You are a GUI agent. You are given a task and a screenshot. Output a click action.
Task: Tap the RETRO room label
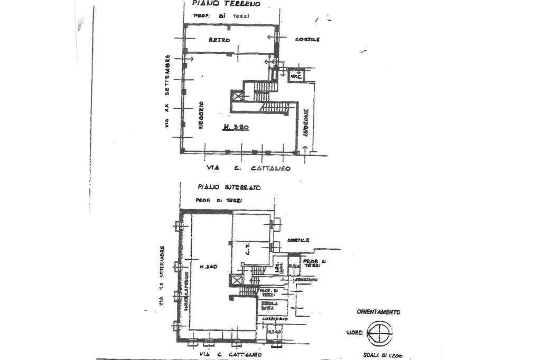tap(219, 40)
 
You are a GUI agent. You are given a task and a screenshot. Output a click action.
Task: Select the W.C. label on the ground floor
tap(295, 77)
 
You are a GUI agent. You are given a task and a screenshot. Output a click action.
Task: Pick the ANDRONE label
tap(306, 124)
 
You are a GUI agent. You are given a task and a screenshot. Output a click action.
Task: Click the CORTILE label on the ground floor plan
tap(307, 40)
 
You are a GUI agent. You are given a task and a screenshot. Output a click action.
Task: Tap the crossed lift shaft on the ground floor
tap(238, 96)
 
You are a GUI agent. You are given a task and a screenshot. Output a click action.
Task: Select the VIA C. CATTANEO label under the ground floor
tap(248, 168)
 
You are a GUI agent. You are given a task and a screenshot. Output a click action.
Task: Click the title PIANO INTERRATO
tap(229, 187)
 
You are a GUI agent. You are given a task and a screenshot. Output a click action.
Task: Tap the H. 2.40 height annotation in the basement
tap(209, 267)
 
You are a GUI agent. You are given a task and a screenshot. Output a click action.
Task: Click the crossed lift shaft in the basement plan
tap(237, 281)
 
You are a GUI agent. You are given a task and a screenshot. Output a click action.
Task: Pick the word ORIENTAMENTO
tap(378, 312)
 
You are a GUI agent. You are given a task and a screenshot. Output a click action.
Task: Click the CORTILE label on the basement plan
tap(299, 240)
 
